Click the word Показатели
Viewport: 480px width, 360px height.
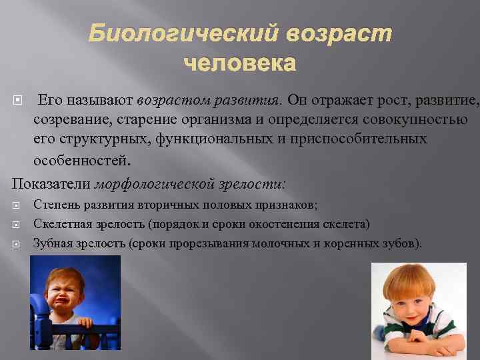[51, 183]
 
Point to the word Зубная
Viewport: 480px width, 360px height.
[51, 243]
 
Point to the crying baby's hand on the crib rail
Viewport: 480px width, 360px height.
[85, 323]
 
